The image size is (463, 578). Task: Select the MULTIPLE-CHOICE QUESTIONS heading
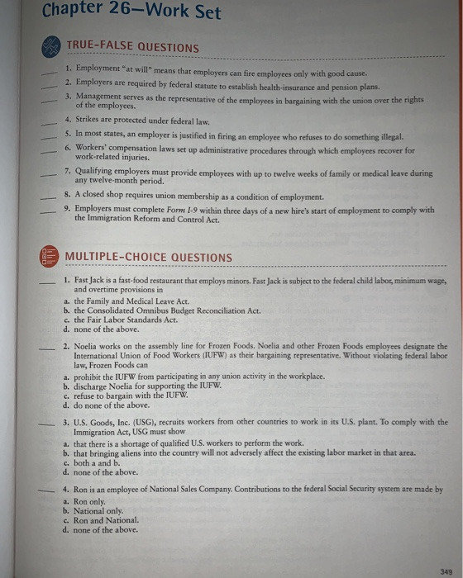point(149,257)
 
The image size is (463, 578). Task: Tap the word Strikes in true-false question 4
point(91,120)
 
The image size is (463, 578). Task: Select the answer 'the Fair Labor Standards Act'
point(125,319)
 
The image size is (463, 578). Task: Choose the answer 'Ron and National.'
point(107,521)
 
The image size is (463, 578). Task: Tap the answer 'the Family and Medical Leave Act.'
point(133,301)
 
